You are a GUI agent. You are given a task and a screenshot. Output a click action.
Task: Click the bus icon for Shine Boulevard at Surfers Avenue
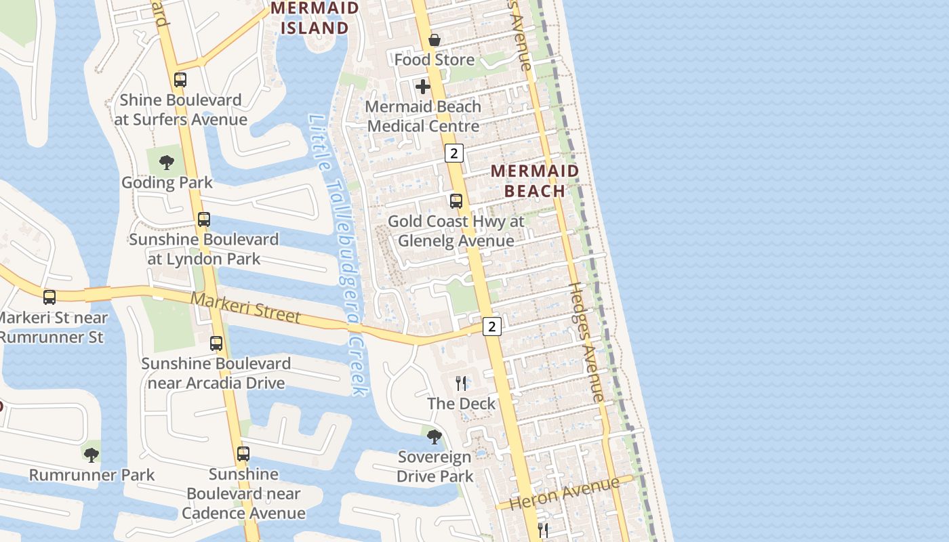coord(180,80)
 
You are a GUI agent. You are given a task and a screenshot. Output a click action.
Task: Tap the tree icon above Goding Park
coord(167,163)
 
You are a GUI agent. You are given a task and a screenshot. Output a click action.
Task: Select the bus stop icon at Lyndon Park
coord(203,220)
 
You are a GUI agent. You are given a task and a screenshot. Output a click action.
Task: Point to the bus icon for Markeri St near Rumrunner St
coord(49,297)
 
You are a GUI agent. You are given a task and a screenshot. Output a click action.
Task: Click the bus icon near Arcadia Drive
coord(216,343)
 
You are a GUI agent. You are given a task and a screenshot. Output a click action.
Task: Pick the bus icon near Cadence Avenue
coord(243,454)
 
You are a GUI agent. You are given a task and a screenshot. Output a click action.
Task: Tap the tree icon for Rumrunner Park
coord(92,455)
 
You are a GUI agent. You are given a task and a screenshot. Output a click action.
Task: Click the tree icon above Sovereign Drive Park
coord(435,437)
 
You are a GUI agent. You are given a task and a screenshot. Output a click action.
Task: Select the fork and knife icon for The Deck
coord(461,383)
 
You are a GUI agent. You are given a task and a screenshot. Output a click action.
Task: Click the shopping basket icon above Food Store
coord(435,40)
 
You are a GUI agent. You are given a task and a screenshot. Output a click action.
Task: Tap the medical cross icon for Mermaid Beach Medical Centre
coord(423,87)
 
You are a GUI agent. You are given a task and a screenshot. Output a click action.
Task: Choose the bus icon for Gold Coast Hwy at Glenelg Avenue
coord(456,201)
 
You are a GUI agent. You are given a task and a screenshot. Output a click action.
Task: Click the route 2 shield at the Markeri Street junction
coord(492,327)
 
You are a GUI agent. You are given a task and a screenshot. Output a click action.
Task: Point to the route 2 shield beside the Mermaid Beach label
coord(453,153)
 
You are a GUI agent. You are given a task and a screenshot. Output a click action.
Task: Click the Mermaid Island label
coord(315,18)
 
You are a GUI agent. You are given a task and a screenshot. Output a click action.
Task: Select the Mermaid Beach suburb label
coord(535,181)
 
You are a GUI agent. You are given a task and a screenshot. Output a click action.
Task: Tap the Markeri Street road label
coord(245,307)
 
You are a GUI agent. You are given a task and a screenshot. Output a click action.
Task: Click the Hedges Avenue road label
coord(586,342)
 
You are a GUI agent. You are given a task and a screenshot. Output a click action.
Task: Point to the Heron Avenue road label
coord(564,493)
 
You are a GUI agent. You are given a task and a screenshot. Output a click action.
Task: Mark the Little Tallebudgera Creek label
coord(338,254)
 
